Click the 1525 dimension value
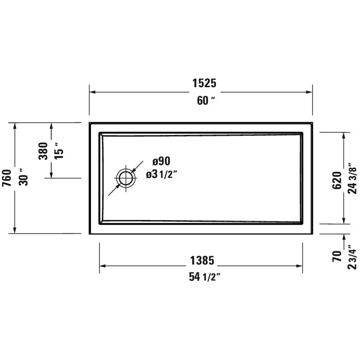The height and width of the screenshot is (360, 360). pos(201,83)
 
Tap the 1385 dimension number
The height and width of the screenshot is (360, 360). pos(201,261)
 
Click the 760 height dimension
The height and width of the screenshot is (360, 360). pos(6,177)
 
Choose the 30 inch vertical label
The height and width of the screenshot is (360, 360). pos(23,177)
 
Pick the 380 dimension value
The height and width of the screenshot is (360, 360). pos(43,151)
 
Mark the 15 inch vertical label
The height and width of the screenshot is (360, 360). pos(59,151)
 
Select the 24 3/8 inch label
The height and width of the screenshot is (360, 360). pos(352,177)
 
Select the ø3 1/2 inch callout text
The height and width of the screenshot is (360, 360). pos(161,174)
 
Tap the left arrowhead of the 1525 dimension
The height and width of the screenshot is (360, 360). pos(93,92)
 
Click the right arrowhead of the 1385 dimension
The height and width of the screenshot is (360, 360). pos(299,266)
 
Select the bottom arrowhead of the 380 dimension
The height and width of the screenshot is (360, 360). pos(51,174)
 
